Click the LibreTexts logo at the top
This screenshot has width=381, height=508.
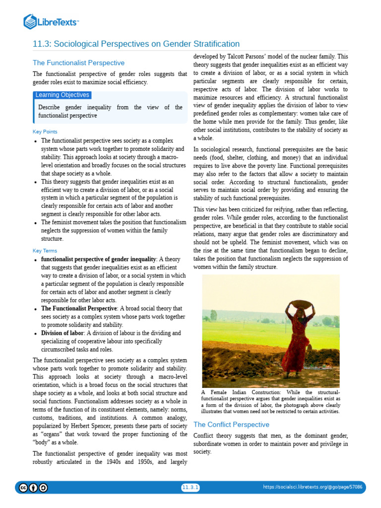(x=51, y=21)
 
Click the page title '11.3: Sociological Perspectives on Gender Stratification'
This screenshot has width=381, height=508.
(x=136, y=44)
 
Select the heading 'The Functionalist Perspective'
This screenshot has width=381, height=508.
(x=78, y=63)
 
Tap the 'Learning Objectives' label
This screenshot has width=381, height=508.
(x=62, y=95)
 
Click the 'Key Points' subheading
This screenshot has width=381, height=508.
(x=45, y=131)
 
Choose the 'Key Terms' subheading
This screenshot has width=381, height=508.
(x=45, y=251)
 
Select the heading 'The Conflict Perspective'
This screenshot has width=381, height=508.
(x=231, y=425)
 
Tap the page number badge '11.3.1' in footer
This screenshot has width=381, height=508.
(x=190, y=488)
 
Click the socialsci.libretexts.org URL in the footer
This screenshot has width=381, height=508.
(x=312, y=488)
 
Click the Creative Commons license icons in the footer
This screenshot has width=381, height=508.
(x=33, y=488)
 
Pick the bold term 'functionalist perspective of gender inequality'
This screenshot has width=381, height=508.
(x=98, y=259)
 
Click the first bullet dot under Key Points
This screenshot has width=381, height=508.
(x=35, y=141)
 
